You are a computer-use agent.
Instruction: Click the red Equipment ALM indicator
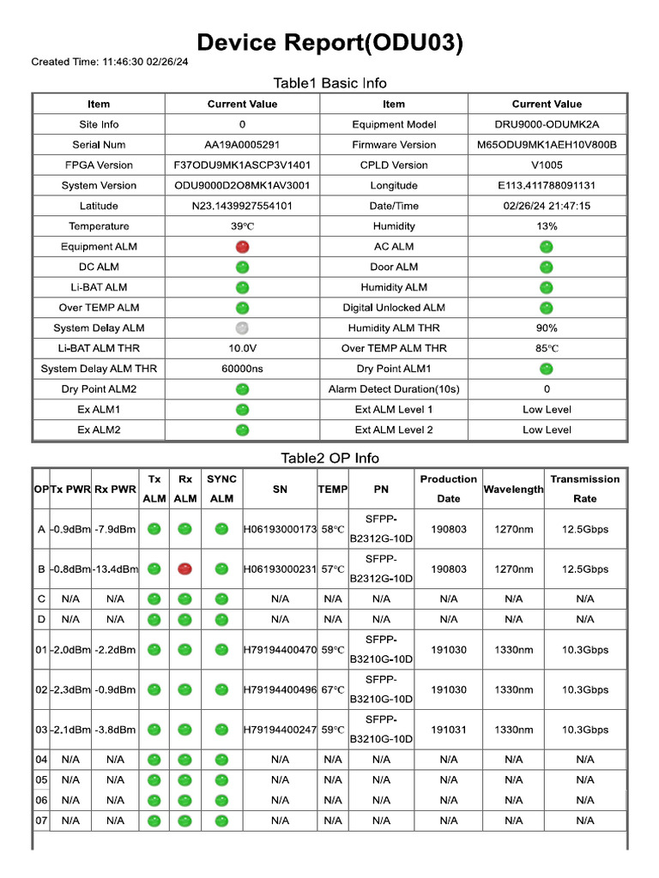(x=242, y=247)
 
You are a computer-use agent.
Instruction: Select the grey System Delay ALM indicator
(x=242, y=328)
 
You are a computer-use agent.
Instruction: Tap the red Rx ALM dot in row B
(x=184, y=568)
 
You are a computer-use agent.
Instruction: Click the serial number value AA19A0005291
(x=242, y=145)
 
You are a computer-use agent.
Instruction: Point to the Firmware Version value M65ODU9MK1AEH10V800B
(x=547, y=145)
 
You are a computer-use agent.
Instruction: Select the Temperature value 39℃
(x=242, y=226)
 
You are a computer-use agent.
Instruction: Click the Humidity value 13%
(x=547, y=226)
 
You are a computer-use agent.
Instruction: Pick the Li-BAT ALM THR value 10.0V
(x=242, y=349)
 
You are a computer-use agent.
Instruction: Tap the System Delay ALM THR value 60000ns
(x=242, y=369)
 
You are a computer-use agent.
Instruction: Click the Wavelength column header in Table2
(x=513, y=490)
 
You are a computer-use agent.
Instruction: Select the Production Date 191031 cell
(x=449, y=730)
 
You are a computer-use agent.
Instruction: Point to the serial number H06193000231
(x=280, y=569)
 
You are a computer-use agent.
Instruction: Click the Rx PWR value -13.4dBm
(x=115, y=569)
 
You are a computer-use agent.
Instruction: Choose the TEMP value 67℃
(x=333, y=689)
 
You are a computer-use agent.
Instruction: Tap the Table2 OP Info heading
(x=329, y=458)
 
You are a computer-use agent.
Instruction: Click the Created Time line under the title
(x=111, y=62)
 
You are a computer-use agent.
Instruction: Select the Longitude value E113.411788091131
(x=547, y=185)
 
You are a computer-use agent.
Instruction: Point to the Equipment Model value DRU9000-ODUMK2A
(x=547, y=124)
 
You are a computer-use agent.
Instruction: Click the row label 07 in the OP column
(x=41, y=821)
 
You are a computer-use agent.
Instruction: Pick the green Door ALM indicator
(x=547, y=268)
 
